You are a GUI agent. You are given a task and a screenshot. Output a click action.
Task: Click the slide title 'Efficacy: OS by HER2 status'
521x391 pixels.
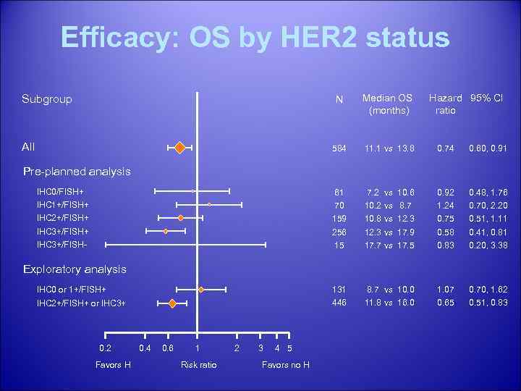pyautogui.click(x=255, y=38)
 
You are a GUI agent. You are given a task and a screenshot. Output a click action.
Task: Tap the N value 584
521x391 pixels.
pyautogui.click(x=338, y=148)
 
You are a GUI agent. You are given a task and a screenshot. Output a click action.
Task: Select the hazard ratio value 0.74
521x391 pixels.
pyautogui.click(x=445, y=148)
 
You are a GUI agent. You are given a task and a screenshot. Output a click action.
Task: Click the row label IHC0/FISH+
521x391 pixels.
pyautogui.click(x=60, y=192)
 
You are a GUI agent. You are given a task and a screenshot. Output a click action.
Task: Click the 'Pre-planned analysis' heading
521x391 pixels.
pyautogui.click(x=77, y=172)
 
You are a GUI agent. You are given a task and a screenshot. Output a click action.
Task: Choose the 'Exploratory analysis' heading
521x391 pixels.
pyautogui.click(x=75, y=269)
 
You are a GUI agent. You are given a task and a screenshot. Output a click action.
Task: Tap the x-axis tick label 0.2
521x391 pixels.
pyautogui.click(x=106, y=348)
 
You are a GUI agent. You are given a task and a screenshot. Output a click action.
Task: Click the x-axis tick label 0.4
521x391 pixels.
pyautogui.click(x=145, y=348)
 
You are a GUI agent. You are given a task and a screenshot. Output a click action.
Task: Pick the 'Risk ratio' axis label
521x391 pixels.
pyautogui.click(x=198, y=364)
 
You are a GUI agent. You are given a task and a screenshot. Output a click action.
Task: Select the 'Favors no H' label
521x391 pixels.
pyautogui.click(x=285, y=364)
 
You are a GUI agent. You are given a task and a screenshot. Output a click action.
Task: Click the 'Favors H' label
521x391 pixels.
pyautogui.click(x=113, y=364)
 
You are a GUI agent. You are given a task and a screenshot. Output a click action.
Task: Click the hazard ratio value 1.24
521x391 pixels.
pyautogui.click(x=445, y=205)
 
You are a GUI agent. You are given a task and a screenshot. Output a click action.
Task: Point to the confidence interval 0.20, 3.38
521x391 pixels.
pyautogui.click(x=488, y=245)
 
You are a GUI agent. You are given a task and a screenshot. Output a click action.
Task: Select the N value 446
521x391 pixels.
pyautogui.click(x=338, y=303)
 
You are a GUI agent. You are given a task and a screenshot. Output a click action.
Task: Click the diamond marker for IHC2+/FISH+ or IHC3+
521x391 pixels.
pyautogui.click(x=172, y=303)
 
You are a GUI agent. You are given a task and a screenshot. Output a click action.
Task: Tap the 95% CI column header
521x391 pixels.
pyautogui.click(x=486, y=98)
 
